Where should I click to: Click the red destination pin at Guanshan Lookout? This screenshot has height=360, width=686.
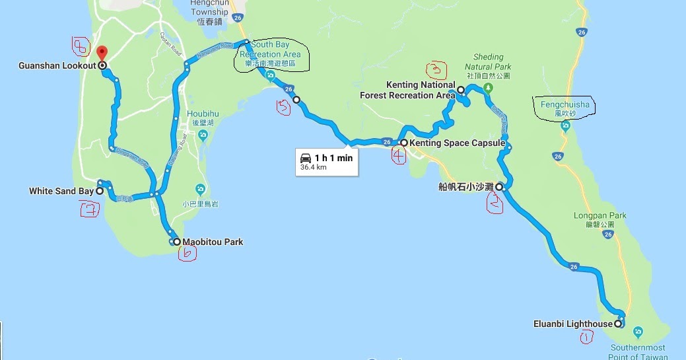point(101,53)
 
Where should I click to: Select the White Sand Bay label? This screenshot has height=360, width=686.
point(61,192)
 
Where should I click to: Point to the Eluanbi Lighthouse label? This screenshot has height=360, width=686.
point(572,324)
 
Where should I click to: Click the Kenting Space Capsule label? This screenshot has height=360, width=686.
point(457,143)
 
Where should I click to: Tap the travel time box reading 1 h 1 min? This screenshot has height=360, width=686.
point(326,162)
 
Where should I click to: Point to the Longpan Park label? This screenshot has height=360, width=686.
point(600,219)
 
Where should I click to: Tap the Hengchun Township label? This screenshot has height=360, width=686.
point(209,12)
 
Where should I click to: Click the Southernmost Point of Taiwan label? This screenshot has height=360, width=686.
point(637,352)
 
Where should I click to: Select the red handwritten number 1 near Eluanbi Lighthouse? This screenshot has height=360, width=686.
point(584,338)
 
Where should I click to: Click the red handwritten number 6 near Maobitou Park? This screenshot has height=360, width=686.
point(188,254)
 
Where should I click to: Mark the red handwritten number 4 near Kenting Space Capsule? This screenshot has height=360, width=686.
point(398,156)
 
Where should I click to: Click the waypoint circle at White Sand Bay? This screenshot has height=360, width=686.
point(100,191)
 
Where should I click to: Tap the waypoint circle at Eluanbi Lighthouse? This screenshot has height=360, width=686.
point(618,324)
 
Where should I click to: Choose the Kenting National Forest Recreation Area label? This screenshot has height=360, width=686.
point(407,90)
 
